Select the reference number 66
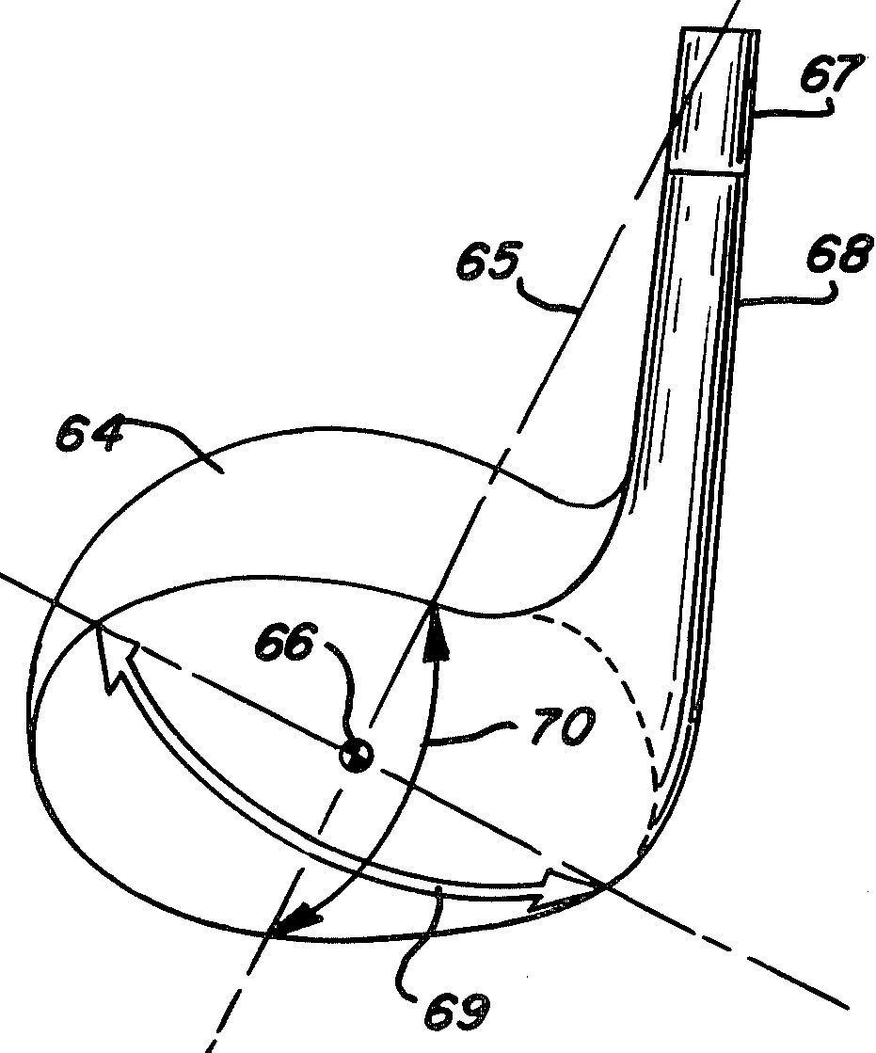284,642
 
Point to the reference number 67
830,76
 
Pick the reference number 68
839,254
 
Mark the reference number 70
563,727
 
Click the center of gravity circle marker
356,756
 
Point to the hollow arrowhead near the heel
561,887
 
